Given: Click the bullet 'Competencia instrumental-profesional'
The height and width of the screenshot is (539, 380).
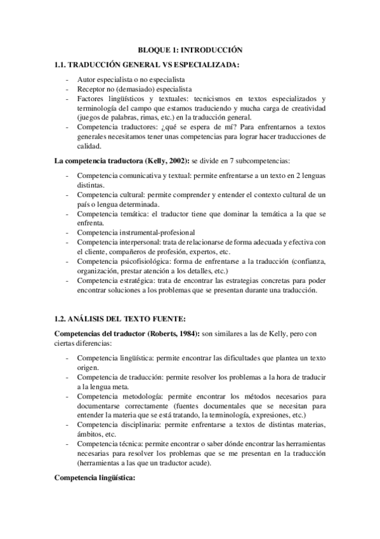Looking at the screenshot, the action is pyautogui.click(x=135, y=232).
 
